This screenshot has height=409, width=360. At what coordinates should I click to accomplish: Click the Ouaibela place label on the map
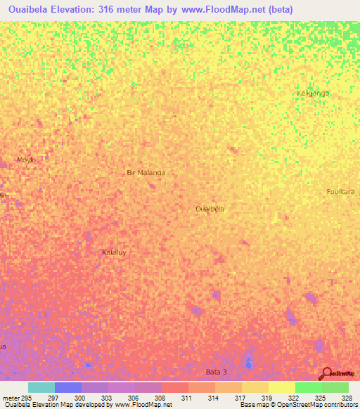pos(210,209)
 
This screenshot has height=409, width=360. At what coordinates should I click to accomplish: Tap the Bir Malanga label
pos(146,172)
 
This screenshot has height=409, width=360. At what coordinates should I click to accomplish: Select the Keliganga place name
pos(313,93)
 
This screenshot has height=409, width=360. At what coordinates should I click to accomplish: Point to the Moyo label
pos(26,160)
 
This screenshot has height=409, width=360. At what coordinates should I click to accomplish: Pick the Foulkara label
pos(343,191)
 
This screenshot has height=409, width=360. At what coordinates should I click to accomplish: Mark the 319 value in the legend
pos(268,398)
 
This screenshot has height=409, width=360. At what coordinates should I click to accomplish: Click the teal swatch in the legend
pos(41,387)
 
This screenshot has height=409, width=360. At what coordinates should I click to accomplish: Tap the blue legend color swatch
pos(68,387)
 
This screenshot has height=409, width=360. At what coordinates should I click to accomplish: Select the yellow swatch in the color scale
pos(282,387)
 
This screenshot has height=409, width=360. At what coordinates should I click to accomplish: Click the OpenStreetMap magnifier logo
pos(326,374)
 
